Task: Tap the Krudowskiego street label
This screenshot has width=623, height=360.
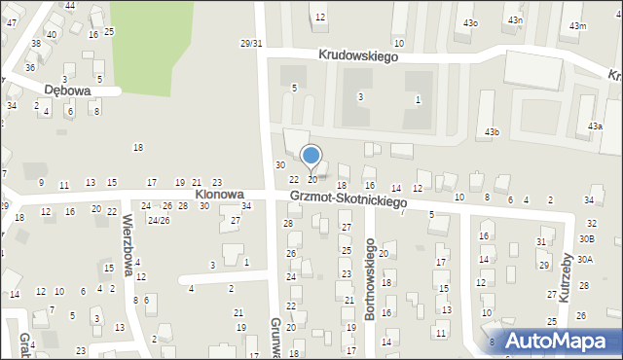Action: point(358,57)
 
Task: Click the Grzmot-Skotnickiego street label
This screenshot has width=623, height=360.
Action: point(348,199)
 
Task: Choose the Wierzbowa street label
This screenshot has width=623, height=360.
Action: point(130,252)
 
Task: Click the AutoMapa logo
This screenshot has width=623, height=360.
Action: point(557,341)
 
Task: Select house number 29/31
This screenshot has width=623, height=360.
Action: point(251,43)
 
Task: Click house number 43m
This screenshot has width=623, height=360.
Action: point(578,26)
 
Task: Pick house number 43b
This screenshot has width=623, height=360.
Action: point(493,131)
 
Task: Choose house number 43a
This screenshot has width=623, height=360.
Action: point(595,126)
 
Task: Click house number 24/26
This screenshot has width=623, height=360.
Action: point(159,220)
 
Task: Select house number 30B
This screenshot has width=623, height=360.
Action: point(586,238)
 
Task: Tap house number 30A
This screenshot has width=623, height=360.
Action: point(585,259)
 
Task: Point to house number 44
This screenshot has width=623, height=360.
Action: point(69,6)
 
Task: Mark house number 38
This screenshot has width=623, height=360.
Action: point(36,44)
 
